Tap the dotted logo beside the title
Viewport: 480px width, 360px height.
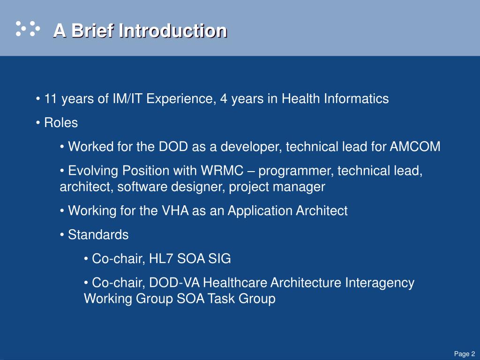coord(28,29)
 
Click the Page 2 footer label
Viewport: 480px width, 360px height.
coord(465,353)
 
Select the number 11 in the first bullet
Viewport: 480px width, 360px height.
coord(51,98)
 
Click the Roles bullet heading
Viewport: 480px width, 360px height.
coord(61,122)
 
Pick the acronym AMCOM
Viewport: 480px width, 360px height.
coord(415,146)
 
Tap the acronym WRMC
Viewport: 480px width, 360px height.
coord(222,171)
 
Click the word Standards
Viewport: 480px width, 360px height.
coord(98,235)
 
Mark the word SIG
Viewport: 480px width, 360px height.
coord(219,259)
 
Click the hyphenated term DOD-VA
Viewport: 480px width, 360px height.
coord(174,283)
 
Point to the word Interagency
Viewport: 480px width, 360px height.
coord(380,283)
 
